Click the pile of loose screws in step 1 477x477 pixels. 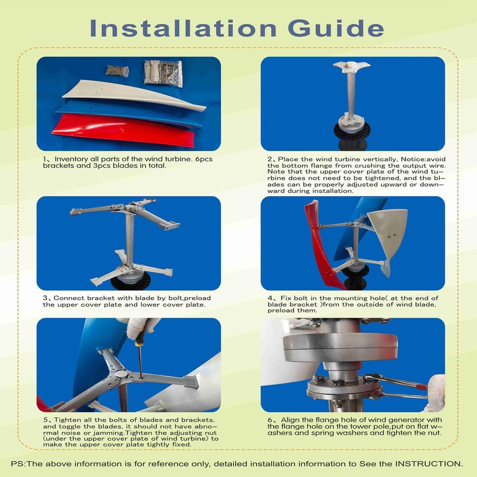point(117,70)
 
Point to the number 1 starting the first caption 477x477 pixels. point(45,159)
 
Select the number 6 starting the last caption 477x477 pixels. point(270,420)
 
